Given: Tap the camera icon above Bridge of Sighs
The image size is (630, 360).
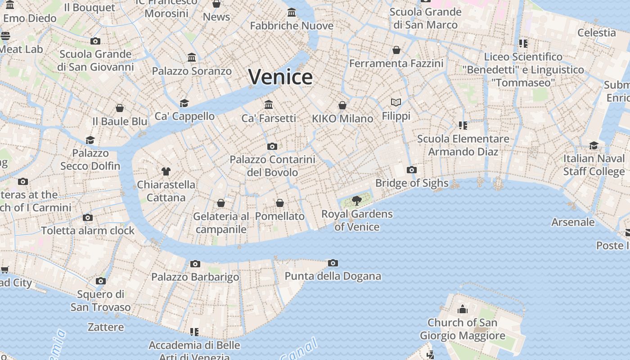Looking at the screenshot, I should point(411,170).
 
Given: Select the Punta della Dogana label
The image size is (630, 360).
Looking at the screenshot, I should point(333,276).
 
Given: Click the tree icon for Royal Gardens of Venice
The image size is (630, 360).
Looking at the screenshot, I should point(357,201).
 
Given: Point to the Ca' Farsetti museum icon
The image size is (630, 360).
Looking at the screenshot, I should point(269,104).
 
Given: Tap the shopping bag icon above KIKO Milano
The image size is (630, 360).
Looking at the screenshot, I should point(342,105).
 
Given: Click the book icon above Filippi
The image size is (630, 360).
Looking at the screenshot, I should point(396,103).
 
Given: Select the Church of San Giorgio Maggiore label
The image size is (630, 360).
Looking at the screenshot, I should point(462,329).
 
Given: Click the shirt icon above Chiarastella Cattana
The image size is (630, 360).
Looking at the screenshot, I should point(166,171).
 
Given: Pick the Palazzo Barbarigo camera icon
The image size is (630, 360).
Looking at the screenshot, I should point(195,264).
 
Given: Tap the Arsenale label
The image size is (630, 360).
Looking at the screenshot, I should point(573,222).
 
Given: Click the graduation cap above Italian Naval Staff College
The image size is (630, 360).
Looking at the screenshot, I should point(594,145).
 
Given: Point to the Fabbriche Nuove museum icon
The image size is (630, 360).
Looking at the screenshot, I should point(292,12).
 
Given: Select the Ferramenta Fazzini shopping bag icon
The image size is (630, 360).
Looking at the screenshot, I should point(396,49).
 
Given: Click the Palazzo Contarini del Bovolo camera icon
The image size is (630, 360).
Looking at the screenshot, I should point(272,146).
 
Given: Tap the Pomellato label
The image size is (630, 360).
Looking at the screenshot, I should point(279,216).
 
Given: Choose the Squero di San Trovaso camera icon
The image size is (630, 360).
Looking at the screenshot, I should point(100,281).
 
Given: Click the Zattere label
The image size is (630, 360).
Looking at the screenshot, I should point(106,327).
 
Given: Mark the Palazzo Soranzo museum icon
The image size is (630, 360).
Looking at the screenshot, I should point(192,57).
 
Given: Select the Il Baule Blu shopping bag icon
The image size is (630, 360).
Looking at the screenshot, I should point(120,108).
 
